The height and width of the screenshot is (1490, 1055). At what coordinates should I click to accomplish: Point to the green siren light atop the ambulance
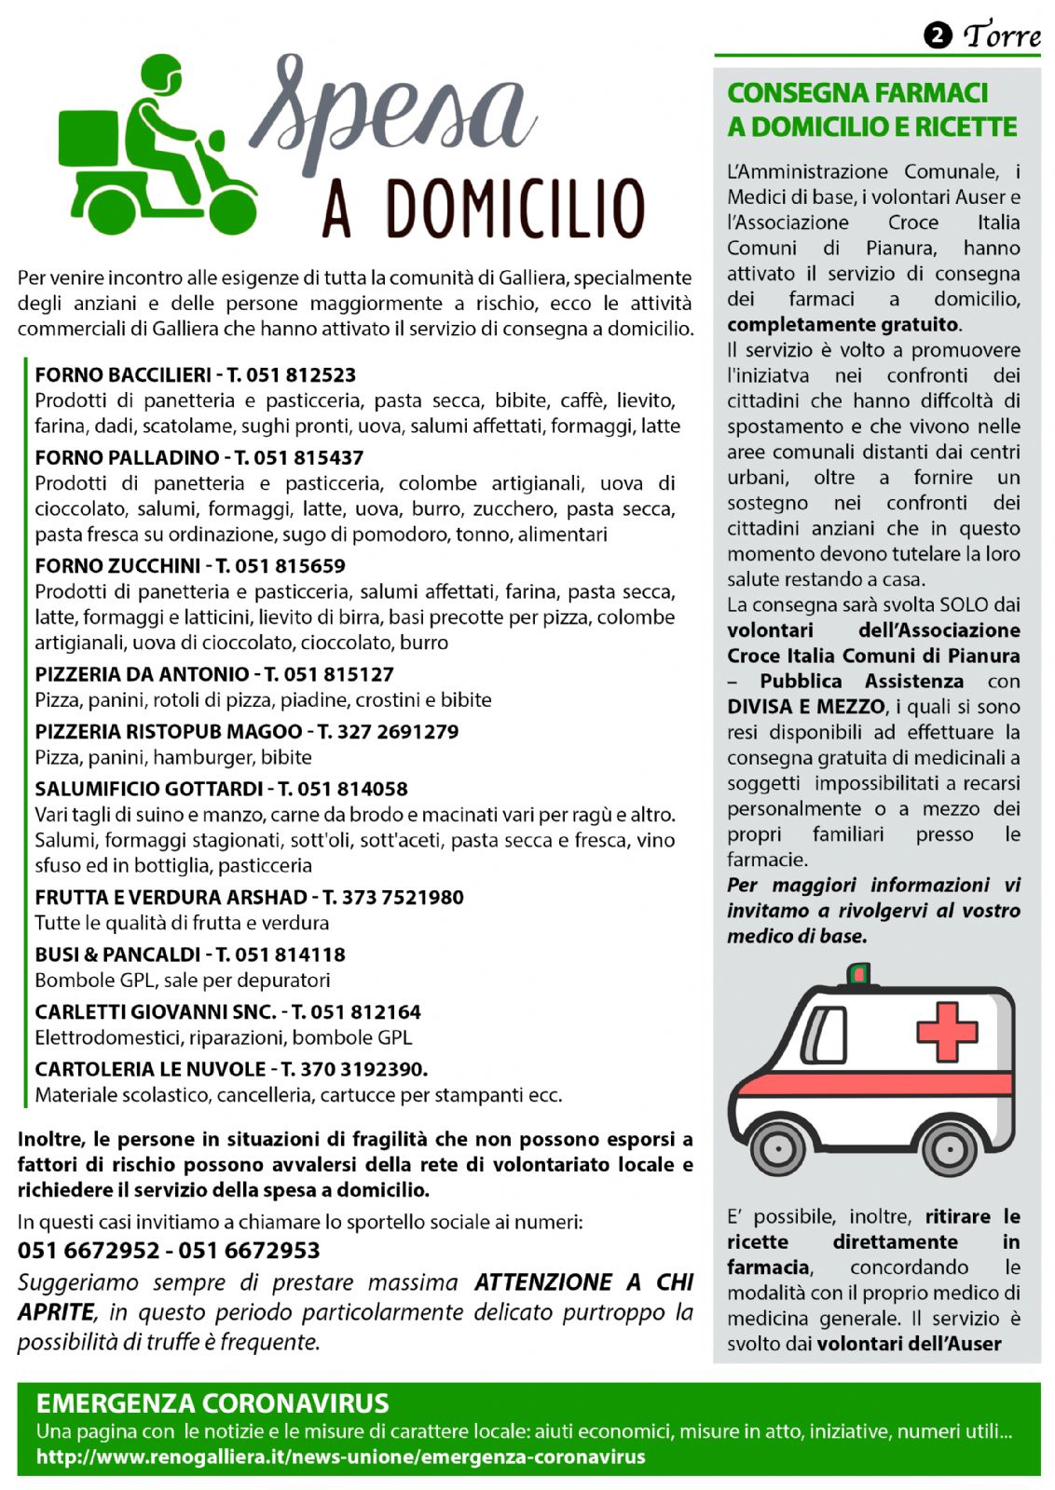pos(858,974)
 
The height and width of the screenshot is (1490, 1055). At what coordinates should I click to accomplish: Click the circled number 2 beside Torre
pos(937,35)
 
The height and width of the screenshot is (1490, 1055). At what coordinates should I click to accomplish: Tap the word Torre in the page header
pos(1002,35)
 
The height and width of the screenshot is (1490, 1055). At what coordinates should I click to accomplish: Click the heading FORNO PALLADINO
pos(126,458)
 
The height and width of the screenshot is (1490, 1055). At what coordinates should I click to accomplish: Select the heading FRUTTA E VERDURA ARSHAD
pos(171,898)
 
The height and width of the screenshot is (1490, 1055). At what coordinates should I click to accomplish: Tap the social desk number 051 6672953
pos(249,1251)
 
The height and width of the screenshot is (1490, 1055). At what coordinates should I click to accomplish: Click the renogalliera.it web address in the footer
pos(340,1456)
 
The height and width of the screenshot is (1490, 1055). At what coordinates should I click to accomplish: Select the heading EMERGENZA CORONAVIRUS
pos(212,1403)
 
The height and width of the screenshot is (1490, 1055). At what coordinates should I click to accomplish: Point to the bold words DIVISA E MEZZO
pos(805,707)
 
